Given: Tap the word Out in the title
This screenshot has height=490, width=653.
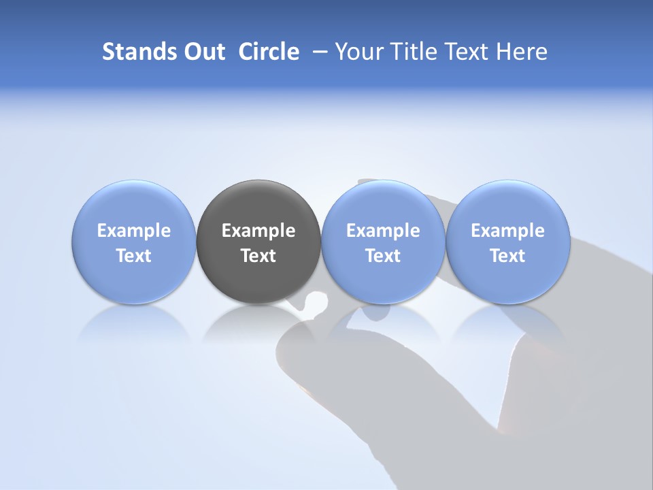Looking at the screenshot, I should point(203,52).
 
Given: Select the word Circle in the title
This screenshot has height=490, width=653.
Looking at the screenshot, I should point(269,52).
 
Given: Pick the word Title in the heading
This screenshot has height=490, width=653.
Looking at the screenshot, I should point(412,52).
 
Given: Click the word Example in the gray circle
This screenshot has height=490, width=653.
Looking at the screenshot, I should point(258,231).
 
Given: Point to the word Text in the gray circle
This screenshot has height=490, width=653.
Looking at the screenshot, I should point(258,256).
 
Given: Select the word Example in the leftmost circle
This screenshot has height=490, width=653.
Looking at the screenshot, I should point(134,231).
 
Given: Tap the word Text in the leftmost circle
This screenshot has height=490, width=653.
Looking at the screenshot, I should point(134,256).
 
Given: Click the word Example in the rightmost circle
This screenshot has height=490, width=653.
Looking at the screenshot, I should point(507,231).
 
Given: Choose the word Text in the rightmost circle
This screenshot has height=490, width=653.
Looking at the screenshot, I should point(507,256).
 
